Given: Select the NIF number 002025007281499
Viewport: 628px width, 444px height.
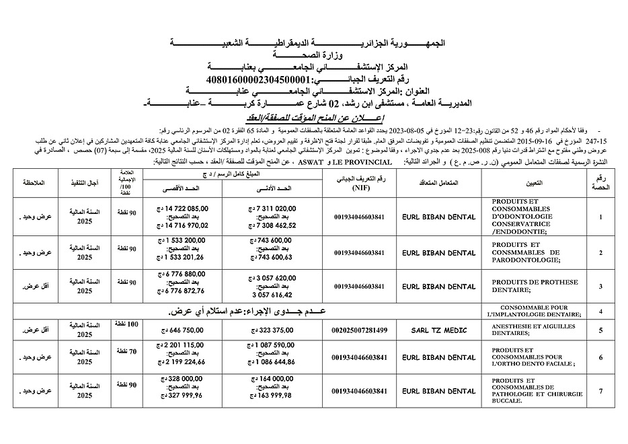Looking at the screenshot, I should (x=360, y=331).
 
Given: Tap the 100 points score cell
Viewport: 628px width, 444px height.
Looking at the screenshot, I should (x=127, y=325).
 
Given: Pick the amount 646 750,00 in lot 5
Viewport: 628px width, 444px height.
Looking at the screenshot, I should (x=183, y=331).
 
